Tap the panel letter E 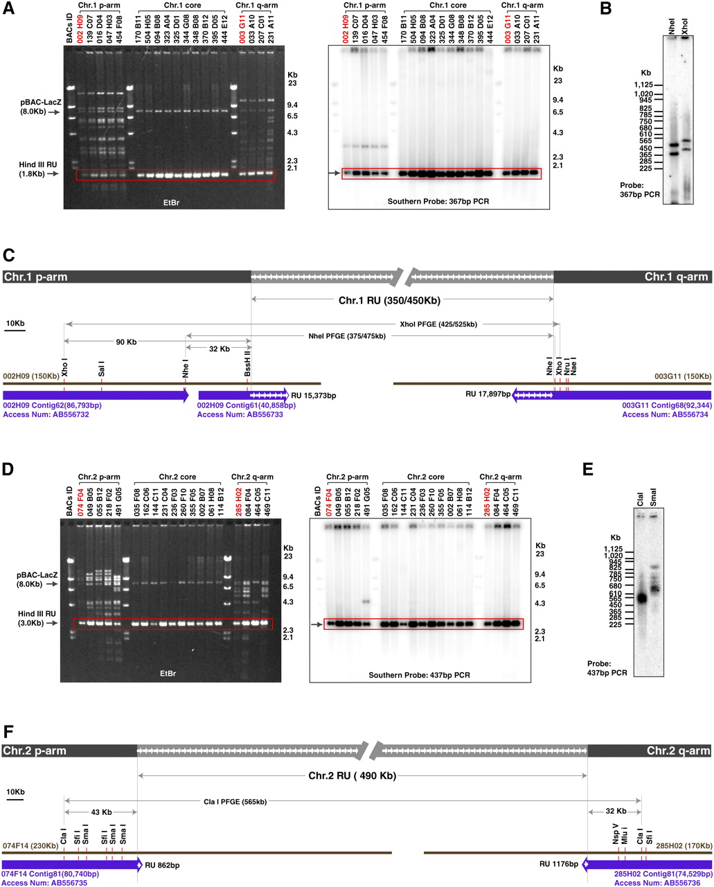(589, 469)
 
